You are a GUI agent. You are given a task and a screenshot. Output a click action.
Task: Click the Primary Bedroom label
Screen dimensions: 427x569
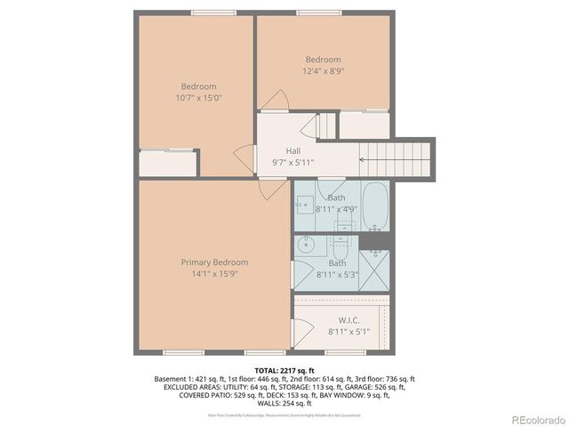point(214,262)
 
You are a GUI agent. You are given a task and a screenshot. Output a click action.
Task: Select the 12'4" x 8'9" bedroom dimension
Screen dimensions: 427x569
point(323,70)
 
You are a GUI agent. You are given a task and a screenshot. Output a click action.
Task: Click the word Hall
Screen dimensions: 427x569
point(293,151)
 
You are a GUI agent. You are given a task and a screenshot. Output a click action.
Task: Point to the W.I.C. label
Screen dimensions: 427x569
point(349,320)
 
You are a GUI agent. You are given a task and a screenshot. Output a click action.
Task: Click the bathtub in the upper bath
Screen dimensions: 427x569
point(376,207)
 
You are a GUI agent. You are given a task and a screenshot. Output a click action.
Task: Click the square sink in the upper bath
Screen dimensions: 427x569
point(302,205)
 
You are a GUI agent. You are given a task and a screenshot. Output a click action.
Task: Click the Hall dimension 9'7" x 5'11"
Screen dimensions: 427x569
point(293,162)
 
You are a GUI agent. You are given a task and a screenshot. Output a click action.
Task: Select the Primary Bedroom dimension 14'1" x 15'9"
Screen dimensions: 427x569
point(214,274)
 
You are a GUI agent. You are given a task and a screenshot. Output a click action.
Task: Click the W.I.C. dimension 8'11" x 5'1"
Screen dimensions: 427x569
point(349,332)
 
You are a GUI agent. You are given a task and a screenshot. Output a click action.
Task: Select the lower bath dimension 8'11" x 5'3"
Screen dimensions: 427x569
point(337,275)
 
